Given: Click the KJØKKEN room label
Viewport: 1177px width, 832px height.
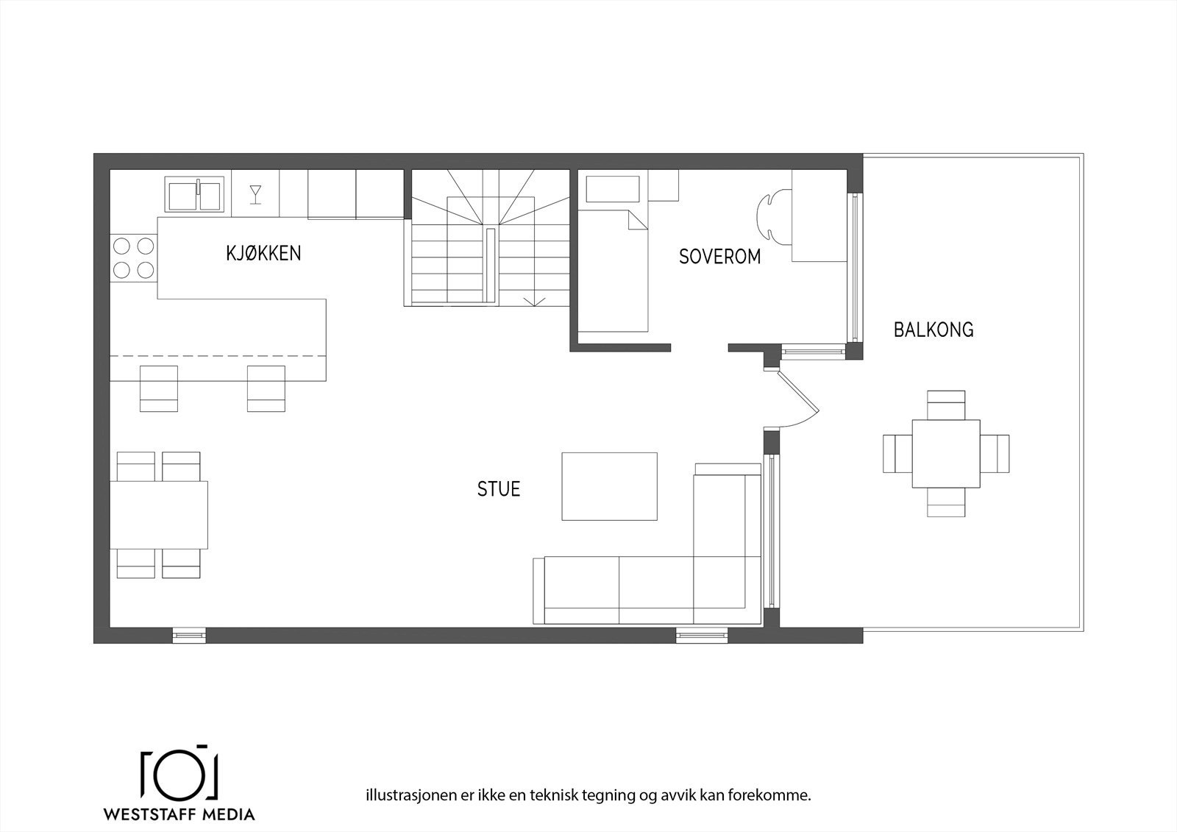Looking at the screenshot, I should coord(263,254).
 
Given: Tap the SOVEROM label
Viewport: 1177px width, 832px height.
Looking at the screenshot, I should coord(719,257).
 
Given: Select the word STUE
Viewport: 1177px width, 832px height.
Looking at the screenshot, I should coord(499,489).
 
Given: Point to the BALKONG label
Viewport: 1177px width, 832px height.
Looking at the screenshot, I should coord(934,330).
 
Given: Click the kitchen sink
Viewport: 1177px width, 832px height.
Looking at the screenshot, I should coord(194,194).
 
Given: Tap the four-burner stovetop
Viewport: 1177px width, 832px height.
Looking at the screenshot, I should coord(133,258).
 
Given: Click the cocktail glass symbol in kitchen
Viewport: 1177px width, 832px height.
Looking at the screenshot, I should coord(255,193).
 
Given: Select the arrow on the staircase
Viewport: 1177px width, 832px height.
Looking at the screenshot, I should coord(534,300).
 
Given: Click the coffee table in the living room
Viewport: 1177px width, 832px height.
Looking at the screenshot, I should coord(609,486).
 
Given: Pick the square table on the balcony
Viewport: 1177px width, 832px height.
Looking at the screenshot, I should coord(945,453).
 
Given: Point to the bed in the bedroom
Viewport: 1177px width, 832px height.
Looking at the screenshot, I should coord(612,272).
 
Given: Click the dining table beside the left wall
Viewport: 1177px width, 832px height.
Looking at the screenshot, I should coord(158,515).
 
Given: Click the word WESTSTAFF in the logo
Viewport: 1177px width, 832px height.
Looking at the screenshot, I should coord(149,814).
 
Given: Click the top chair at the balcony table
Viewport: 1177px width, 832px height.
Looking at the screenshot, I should coord(945,404).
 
